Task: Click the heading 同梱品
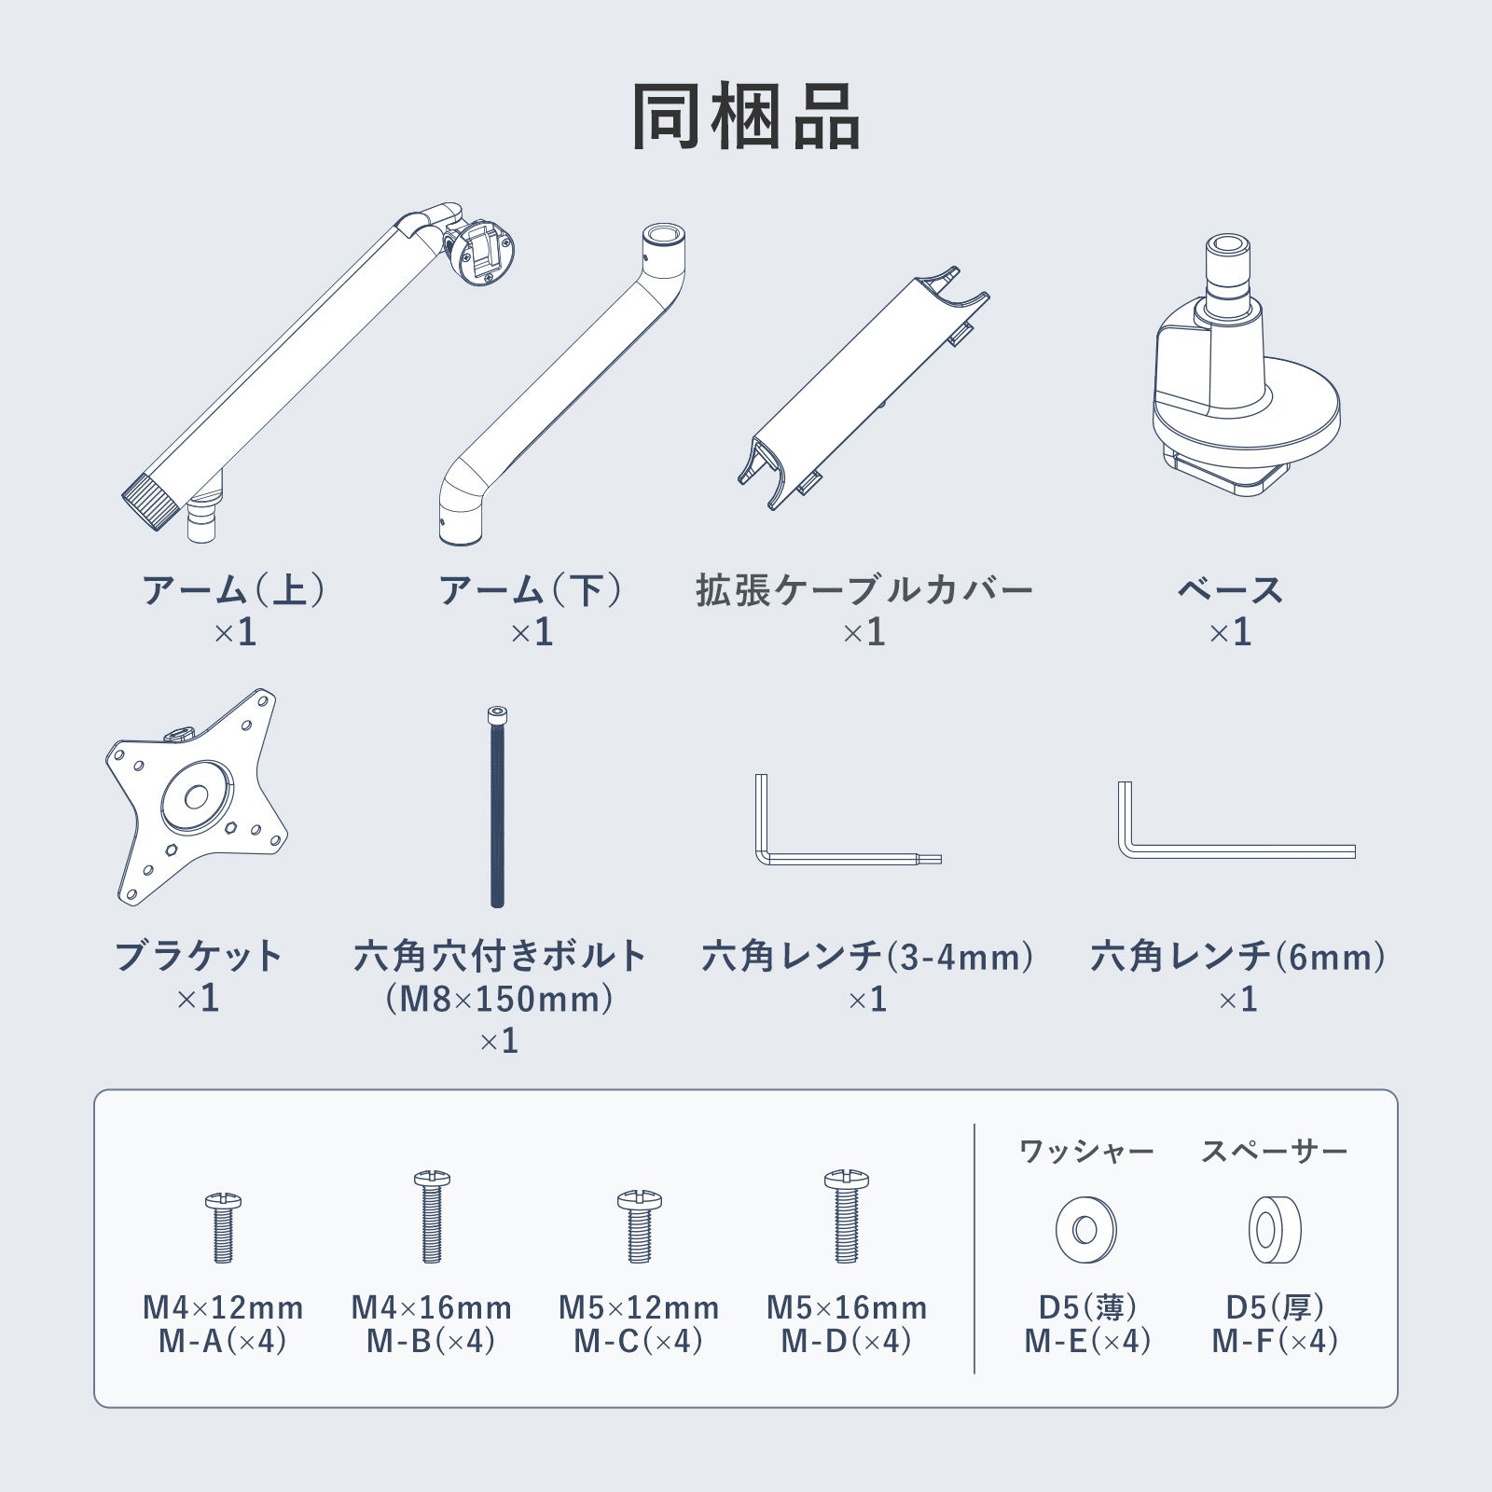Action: click(745, 117)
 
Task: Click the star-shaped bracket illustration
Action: click(197, 797)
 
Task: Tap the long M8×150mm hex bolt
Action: click(497, 807)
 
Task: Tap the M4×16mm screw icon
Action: click(431, 1217)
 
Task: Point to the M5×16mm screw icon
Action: click(846, 1217)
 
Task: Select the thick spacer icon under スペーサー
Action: click(1276, 1230)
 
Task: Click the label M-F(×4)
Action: click(1275, 1341)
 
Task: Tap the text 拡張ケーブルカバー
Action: click(864, 590)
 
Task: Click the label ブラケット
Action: click(198, 957)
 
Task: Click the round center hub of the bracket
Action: click(196, 797)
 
